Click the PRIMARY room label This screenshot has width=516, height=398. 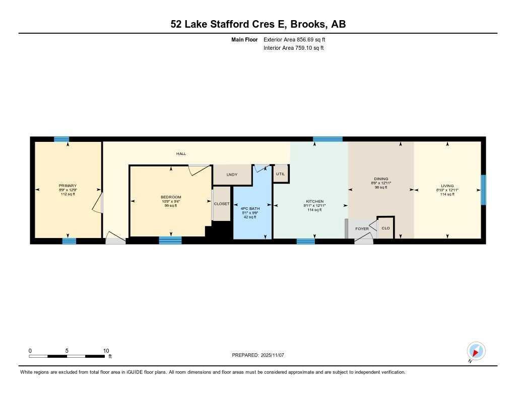(x=68, y=186)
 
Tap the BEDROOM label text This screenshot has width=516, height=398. (x=171, y=197)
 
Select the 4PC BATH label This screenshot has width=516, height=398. (x=250, y=208)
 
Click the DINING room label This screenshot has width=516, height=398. (x=381, y=179)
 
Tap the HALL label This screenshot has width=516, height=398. (x=181, y=153)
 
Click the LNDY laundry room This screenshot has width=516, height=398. (x=232, y=175)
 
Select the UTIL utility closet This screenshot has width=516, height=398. (x=281, y=174)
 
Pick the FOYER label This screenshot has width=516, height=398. (x=362, y=229)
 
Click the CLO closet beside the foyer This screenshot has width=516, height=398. (x=385, y=228)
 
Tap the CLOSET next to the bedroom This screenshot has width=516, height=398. (x=222, y=204)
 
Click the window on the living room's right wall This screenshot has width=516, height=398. (x=483, y=190)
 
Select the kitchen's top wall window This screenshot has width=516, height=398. (x=328, y=139)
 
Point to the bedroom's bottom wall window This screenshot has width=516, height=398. (x=170, y=241)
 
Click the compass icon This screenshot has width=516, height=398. (x=476, y=351)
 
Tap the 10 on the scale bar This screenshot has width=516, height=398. (x=106, y=351)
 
